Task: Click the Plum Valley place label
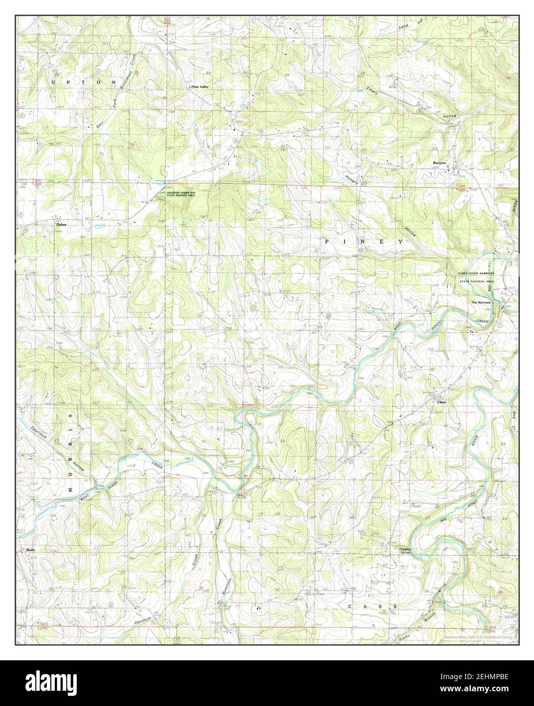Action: pos(199,87)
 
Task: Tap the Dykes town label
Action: pos(61,223)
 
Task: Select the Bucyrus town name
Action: pos(439,163)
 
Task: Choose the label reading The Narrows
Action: pos(481,303)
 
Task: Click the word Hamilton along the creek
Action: pos(227,589)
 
